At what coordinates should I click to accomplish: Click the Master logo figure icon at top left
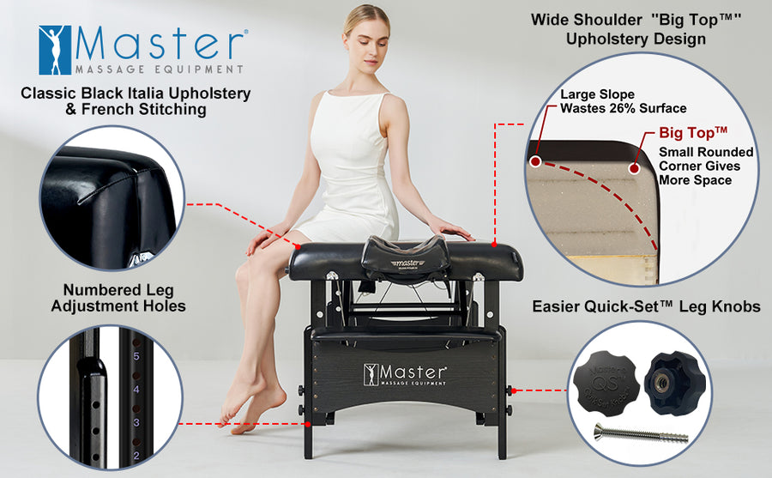(x=54, y=49)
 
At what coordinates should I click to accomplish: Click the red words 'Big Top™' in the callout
(x=693, y=133)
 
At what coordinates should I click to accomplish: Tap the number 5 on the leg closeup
(x=135, y=354)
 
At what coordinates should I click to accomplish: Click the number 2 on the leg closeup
(x=135, y=455)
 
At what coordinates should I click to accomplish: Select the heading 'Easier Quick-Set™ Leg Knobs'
(x=646, y=306)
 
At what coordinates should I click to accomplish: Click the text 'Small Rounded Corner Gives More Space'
(x=705, y=166)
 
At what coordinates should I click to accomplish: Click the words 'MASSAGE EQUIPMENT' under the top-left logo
(x=159, y=68)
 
